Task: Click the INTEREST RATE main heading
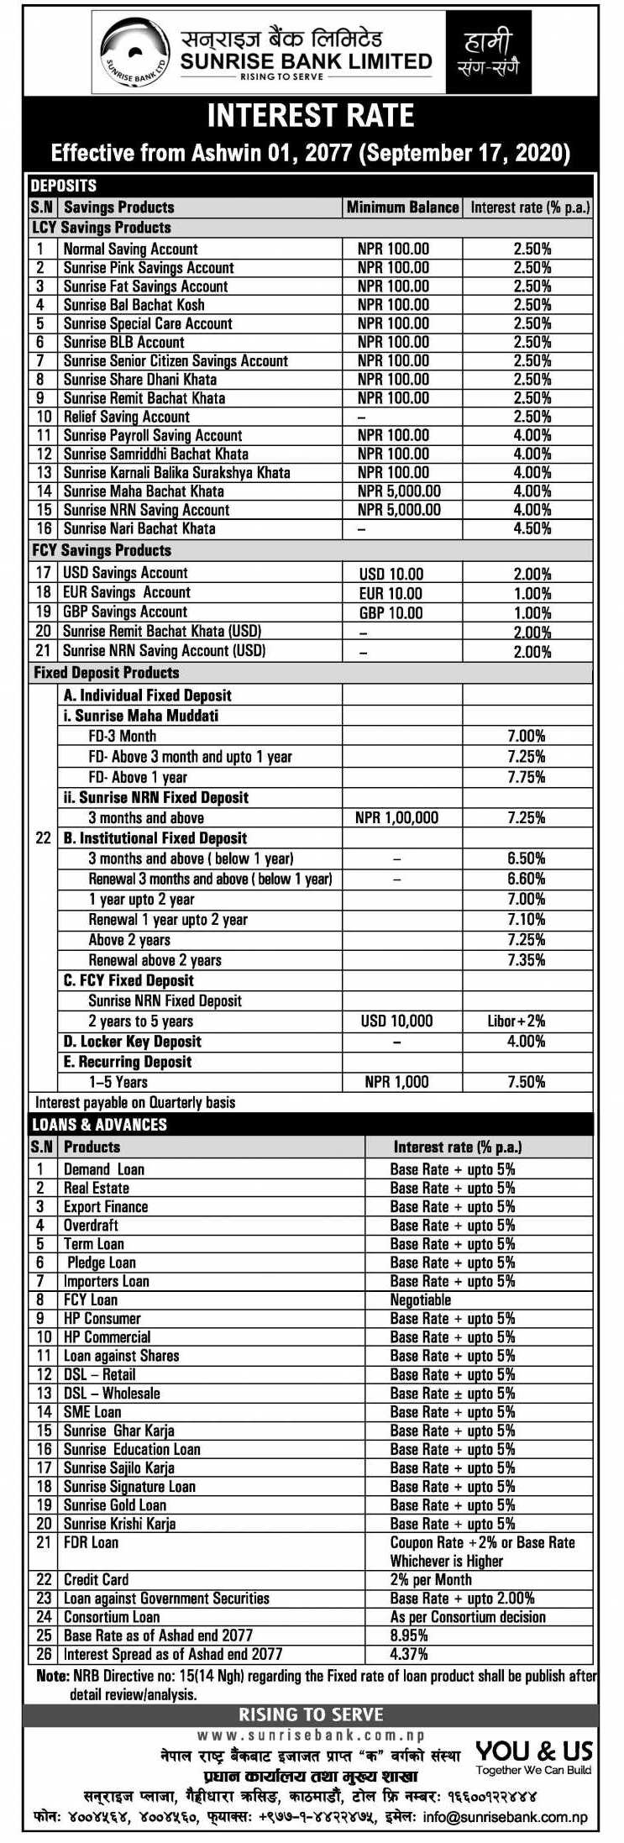tap(311, 115)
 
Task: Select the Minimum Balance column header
tap(402, 207)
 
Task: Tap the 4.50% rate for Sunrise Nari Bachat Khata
tap(532, 529)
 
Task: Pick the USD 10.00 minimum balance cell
tap(391, 575)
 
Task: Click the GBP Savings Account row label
tap(125, 612)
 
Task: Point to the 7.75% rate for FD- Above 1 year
tap(527, 777)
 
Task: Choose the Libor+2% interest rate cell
tap(517, 1021)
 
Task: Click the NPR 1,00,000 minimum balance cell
tap(396, 818)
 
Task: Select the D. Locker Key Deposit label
tap(133, 1042)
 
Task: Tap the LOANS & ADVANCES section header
tap(99, 1125)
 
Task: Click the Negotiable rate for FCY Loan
tap(421, 1300)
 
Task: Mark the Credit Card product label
tap(97, 1580)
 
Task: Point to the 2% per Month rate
tap(431, 1580)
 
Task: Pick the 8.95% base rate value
tap(409, 1636)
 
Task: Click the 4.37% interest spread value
tap(409, 1654)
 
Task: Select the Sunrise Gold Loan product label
tap(115, 1505)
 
